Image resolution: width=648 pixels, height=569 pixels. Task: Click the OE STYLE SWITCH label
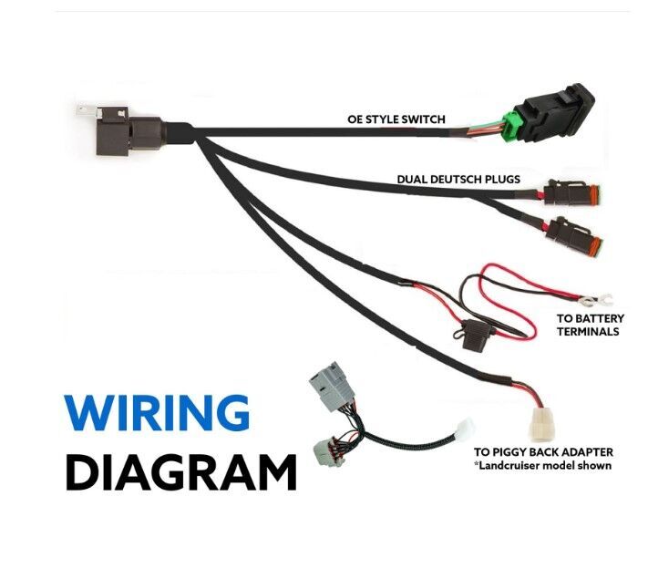(x=396, y=119)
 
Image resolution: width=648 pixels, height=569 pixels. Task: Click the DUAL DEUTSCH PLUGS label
(x=458, y=180)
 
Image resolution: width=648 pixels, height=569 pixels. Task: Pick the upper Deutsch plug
(x=572, y=195)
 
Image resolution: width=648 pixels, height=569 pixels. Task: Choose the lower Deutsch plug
(x=574, y=239)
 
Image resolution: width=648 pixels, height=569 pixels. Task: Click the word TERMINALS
(x=588, y=331)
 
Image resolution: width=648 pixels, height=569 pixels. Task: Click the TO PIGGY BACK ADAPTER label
(x=543, y=452)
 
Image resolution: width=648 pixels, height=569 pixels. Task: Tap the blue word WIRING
(x=157, y=414)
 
